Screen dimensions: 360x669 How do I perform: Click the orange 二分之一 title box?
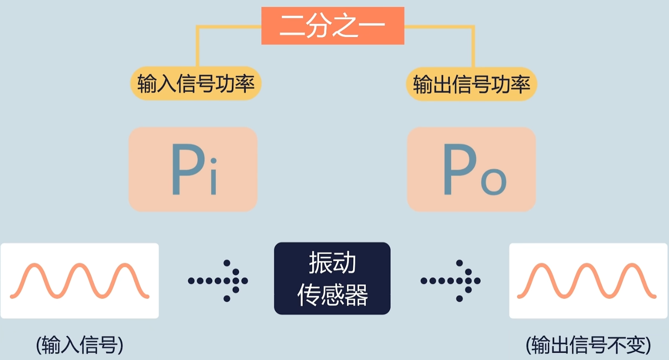point(333,26)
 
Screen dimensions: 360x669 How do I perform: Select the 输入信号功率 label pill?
point(196,84)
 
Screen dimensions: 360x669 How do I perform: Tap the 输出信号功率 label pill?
point(472,84)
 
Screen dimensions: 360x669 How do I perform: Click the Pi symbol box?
point(193,169)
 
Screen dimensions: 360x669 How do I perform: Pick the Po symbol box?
point(471,169)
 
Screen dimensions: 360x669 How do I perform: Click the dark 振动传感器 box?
point(332,278)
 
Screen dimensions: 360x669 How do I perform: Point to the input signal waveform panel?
point(79,281)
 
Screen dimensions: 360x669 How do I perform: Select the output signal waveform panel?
point(588,281)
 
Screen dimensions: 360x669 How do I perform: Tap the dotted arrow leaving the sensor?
point(451,281)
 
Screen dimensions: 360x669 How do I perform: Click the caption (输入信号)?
point(79,345)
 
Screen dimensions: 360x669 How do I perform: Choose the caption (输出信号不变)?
point(588,345)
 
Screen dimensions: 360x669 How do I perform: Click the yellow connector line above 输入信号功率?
point(197,45)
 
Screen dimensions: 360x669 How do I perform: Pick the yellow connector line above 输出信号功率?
point(473,45)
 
